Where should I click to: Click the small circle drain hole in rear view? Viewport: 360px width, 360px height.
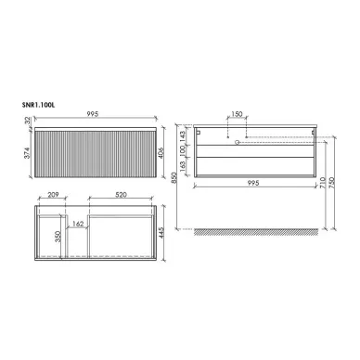239,143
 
